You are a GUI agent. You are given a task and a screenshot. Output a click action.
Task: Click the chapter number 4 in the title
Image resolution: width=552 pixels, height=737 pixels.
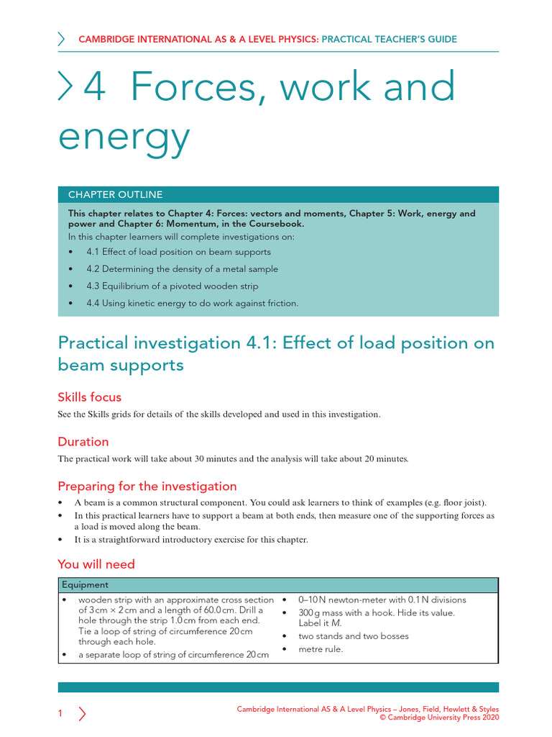(x=95, y=88)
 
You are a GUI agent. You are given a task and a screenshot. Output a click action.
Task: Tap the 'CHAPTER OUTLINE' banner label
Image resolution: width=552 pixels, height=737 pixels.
(x=115, y=195)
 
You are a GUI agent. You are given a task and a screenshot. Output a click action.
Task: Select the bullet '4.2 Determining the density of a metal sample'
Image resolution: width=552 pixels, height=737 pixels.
(x=182, y=269)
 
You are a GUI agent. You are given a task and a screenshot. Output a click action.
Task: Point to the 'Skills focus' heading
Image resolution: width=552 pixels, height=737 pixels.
(x=90, y=397)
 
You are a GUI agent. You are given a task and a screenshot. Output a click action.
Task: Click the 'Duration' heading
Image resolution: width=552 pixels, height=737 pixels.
(x=83, y=442)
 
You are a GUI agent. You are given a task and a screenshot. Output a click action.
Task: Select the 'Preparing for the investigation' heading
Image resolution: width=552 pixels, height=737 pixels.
(x=147, y=487)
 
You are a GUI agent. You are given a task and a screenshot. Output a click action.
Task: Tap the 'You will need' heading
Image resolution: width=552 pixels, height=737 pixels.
(x=96, y=564)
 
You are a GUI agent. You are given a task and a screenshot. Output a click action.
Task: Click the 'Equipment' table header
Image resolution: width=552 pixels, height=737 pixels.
(x=85, y=585)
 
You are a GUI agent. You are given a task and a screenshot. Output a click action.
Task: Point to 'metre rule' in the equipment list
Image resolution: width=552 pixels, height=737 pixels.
(x=321, y=649)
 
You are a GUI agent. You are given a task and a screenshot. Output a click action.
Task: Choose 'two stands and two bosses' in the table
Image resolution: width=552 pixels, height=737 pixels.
(x=353, y=636)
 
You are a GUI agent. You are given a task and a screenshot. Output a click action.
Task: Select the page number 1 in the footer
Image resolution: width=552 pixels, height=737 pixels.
(x=60, y=714)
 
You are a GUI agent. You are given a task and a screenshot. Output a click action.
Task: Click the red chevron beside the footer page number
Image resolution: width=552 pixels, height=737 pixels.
(x=82, y=714)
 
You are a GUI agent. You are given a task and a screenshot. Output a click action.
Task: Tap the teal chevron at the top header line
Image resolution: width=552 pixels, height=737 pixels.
(x=62, y=40)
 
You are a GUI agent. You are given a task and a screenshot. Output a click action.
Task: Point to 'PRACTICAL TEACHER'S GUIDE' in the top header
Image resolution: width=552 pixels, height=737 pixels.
(x=389, y=40)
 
